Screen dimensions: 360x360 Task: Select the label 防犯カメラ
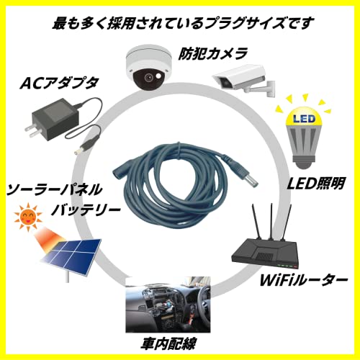click(x=212, y=53)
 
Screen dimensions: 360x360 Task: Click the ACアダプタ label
click(x=59, y=83)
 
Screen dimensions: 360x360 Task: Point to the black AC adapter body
click(x=55, y=120)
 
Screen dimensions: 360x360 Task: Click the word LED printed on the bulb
click(x=304, y=119)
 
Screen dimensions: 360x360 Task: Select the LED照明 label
click(x=316, y=184)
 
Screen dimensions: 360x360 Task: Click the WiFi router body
click(x=264, y=254)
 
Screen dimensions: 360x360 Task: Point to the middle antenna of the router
click(x=271, y=221)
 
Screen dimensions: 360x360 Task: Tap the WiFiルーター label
click(x=304, y=279)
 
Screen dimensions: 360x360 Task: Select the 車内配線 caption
click(x=168, y=343)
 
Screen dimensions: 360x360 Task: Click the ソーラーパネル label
click(x=54, y=189)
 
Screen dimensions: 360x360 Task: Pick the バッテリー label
click(x=86, y=210)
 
